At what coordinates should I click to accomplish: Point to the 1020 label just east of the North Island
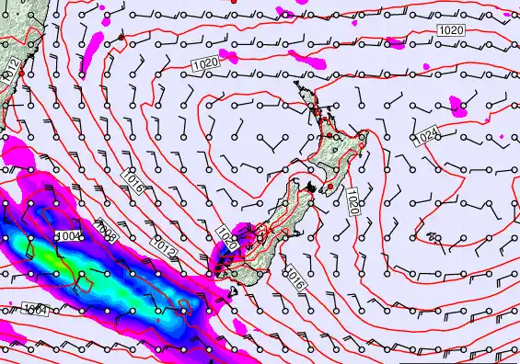(352, 200)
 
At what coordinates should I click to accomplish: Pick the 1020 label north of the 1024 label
(451, 31)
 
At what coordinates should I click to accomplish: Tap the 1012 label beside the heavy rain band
(164, 248)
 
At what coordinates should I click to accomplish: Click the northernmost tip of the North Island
(297, 84)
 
